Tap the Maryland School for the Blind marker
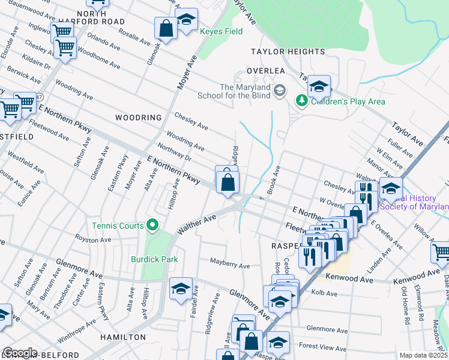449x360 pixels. point(279,91)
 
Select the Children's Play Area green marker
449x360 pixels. point(304,101)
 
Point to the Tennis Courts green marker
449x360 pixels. point(152,226)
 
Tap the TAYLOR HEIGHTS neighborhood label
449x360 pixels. point(288,52)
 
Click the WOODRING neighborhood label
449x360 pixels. point(139,118)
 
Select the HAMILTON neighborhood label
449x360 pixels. point(123,337)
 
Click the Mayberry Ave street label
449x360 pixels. point(229,265)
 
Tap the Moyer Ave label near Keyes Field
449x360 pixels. point(187,73)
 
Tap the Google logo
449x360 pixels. point(19,353)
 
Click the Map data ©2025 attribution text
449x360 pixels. point(424,355)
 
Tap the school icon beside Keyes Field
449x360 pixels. point(186,20)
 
